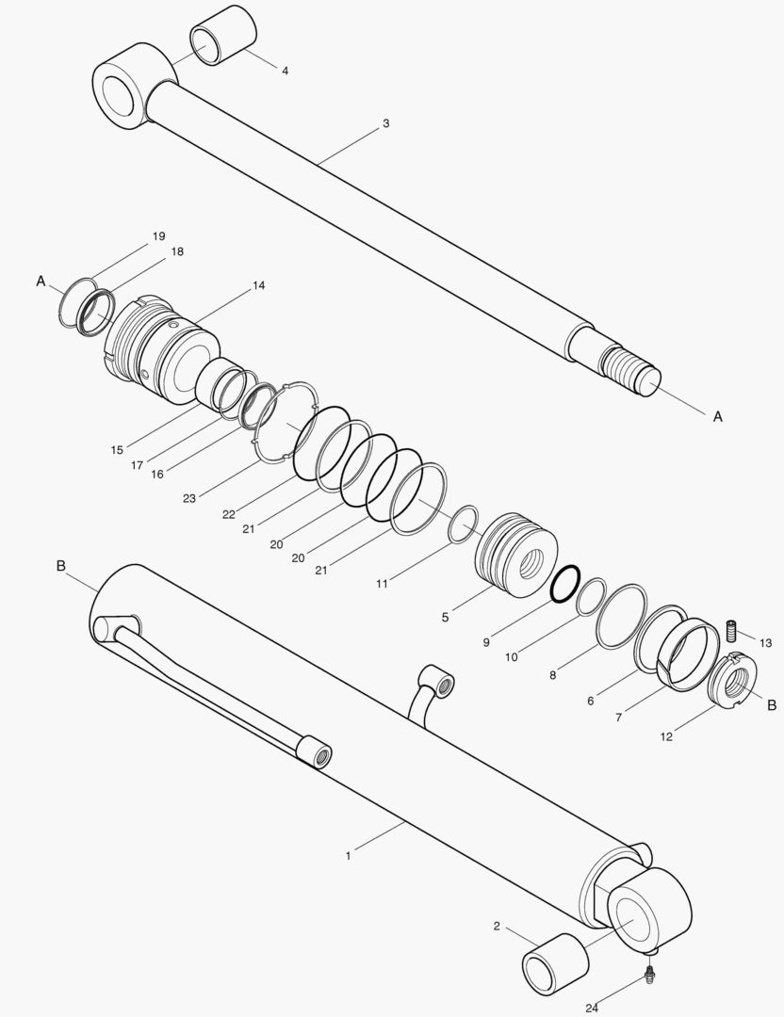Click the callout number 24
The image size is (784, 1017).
click(x=591, y=1008)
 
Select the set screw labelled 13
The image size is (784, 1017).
click(x=731, y=630)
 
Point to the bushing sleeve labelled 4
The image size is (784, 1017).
click(x=224, y=36)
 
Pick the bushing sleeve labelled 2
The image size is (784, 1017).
click(x=556, y=964)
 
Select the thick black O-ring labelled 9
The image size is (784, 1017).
click(x=564, y=584)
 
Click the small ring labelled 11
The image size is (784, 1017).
click(x=464, y=525)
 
